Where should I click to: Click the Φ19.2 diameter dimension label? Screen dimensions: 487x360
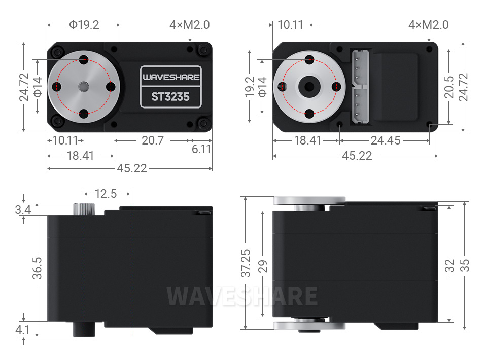tap(84, 25)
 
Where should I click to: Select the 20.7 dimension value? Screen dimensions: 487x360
tap(153, 140)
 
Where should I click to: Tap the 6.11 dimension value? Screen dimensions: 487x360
tap(201, 149)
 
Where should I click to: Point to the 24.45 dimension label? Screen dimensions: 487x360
tap(386, 140)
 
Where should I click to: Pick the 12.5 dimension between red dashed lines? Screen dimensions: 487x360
tap(106, 194)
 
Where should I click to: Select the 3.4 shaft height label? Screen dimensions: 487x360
tap(23, 210)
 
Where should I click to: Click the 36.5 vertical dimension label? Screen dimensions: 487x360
tap(37, 268)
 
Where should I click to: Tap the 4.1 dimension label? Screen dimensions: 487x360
tap(23, 330)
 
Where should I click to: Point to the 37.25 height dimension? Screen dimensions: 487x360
tap(246, 263)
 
